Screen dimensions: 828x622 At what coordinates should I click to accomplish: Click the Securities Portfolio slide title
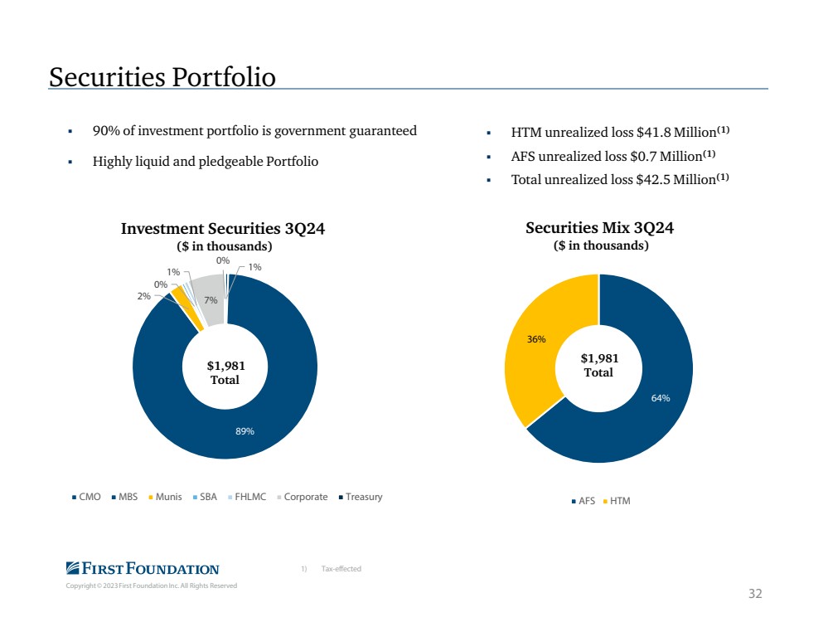pyautogui.click(x=162, y=77)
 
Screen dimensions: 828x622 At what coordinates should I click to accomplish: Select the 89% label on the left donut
pyautogui.click(x=245, y=431)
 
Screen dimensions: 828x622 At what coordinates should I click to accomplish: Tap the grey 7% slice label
pyautogui.click(x=211, y=300)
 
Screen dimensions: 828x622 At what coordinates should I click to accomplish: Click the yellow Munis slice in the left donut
pyautogui.click(x=187, y=308)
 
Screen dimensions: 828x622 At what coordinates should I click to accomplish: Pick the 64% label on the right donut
pyautogui.click(x=660, y=398)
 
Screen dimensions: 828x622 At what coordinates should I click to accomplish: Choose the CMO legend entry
pyautogui.click(x=86, y=497)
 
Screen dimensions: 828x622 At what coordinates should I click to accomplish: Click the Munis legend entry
pyautogui.click(x=165, y=497)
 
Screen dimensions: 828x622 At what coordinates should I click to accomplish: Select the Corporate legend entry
pyautogui.click(x=302, y=497)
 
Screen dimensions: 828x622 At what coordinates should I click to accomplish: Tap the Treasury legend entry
pyautogui.click(x=361, y=497)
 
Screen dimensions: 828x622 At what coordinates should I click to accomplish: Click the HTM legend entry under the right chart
pyautogui.click(x=617, y=500)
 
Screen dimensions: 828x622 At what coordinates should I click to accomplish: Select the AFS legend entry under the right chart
pyautogui.click(x=583, y=500)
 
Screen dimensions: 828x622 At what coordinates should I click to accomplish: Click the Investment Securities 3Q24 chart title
pyautogui.click(x=223, y=228)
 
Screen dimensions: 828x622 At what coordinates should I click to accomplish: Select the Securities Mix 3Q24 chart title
pyautogui.click(x=599, y=228)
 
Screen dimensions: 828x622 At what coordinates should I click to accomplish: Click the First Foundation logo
pyautogui.click(x=143, y=568)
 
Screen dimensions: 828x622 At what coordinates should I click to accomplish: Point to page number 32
pyautogui.click(x=755, y=594)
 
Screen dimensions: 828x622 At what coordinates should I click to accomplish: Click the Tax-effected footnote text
pyautogui.click(x=341, y=569)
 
